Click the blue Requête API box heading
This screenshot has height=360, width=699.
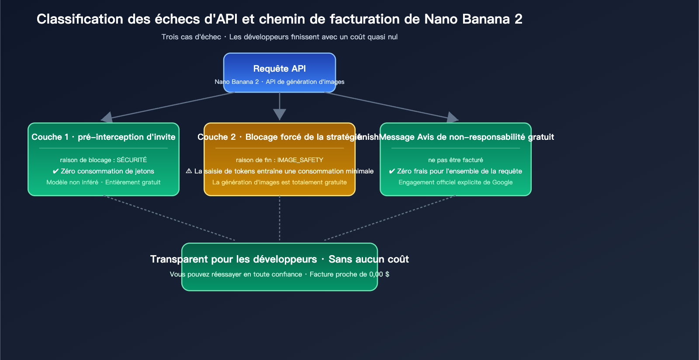280,69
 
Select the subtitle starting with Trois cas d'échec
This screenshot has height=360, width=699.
280,37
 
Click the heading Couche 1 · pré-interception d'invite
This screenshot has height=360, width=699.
104,137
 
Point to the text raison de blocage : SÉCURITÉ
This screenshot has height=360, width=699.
104,160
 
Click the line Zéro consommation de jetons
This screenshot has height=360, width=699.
107,171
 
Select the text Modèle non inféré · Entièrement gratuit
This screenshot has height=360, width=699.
104,182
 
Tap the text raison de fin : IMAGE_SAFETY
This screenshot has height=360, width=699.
280,160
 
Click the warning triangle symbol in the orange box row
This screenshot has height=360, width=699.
189,171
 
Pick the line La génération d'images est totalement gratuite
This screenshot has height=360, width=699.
280,182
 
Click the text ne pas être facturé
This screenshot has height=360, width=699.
456,160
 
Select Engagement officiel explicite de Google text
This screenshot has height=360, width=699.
456,182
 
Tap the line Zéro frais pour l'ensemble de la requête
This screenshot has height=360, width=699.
459,171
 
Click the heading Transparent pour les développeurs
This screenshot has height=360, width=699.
234,260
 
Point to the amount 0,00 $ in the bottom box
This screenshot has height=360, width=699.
379,274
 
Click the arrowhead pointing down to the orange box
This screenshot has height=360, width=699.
280,114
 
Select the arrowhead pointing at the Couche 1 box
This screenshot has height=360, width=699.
107,117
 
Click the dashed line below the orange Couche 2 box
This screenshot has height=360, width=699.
280,218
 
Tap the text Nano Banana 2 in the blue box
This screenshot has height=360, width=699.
236,82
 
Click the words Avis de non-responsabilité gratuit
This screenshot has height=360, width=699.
485,137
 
